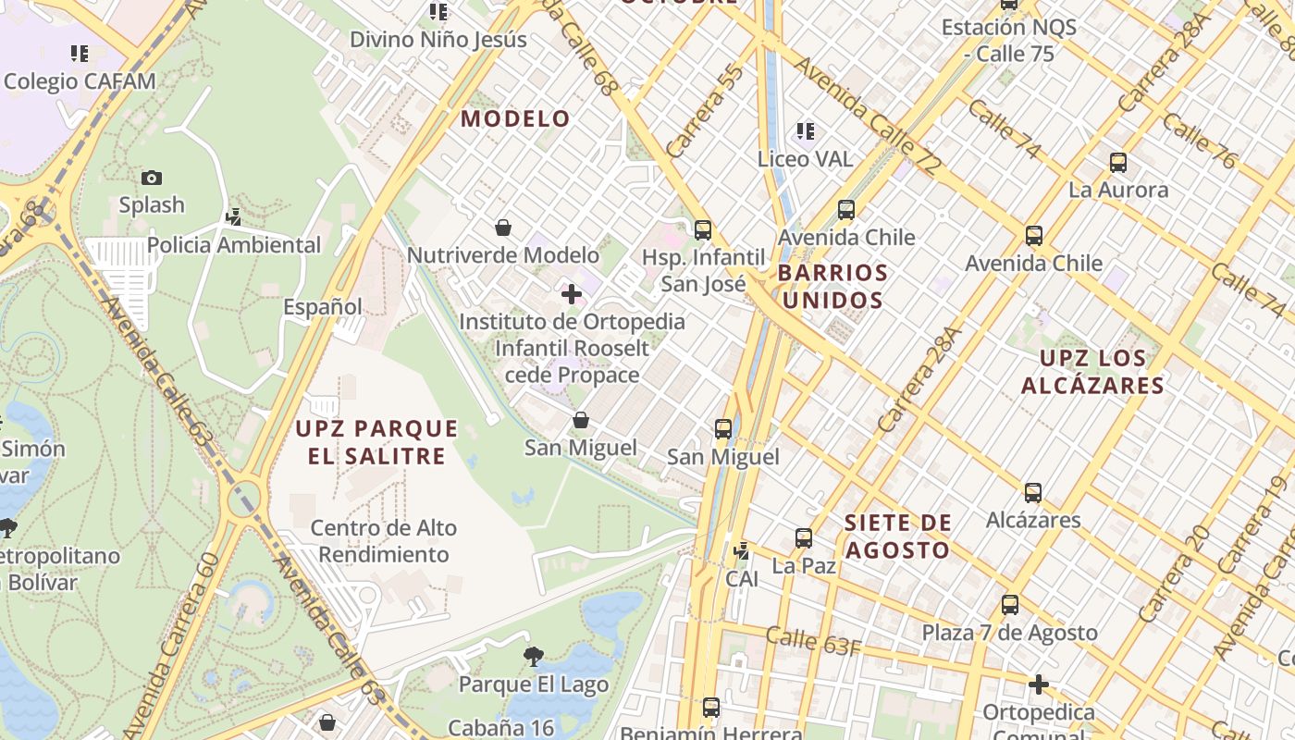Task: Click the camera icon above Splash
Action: click(x=152, y=178)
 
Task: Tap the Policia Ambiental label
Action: click(x=234, y=245)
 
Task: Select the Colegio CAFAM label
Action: click(x=80, y=81)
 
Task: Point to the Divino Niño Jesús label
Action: click(x=438, y=40)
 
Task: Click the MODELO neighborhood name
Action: click(x=516, y=118)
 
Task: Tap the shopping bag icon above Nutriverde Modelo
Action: click(x=503, y=227)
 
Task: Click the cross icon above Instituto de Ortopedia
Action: click(x=572, y=294)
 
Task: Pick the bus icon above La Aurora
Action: click(x=1118, y=163)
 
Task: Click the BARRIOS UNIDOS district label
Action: click(x=832, y=287)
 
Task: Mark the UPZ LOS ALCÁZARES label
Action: click(x=1092, y=371)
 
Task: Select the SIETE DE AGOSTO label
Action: click(x=898, y=536)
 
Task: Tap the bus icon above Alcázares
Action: click(x=1033, y=493)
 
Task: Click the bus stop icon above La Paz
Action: click(x=804, y=538)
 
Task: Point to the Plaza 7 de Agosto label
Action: click(x=1009, y=633)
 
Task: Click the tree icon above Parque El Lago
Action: click(x=533, y=657)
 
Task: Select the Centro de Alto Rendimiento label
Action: click(x=383, y=541)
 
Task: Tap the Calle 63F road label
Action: click(x=814, y=641)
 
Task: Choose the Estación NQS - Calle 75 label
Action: click(x=1009, y=41)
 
